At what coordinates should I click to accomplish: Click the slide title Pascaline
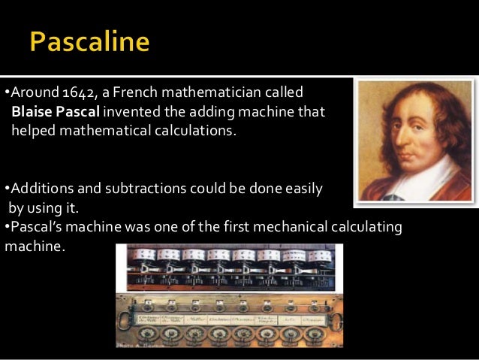click(90, 41)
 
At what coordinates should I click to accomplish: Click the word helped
click(32, 132)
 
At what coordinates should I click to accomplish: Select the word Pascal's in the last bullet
click(35, 226)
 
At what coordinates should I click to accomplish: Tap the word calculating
click(366, 226)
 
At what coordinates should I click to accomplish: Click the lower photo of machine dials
click(229, 323)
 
